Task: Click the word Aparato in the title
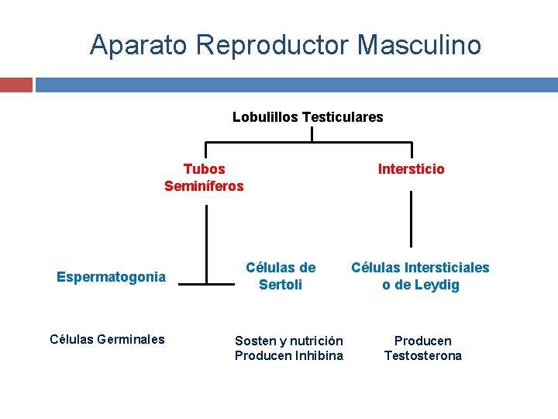[x=138, y=45]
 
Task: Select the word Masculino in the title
[x=419, y=45]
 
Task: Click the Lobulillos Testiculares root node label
[x=308, y=117]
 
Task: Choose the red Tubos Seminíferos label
[x=204, y=178]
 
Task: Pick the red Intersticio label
[x=411, y=169]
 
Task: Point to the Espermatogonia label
[x=111, y=277]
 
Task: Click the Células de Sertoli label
[x=281, y=276]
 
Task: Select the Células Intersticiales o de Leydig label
[x=420, y=276]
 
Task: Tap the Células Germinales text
[x=107, y=338]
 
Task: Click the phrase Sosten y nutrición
[x=288, y=341]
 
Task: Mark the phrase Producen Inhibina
[x=288, y=355]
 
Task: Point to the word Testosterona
[x=422, y=355]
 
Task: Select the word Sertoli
[x=281, y=285]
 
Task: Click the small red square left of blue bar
[x=15, y=84]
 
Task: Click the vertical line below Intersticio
[x=411, y=219]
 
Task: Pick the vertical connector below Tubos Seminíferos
[x=206, y=244]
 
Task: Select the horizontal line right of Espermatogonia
[x=206, y=285]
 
